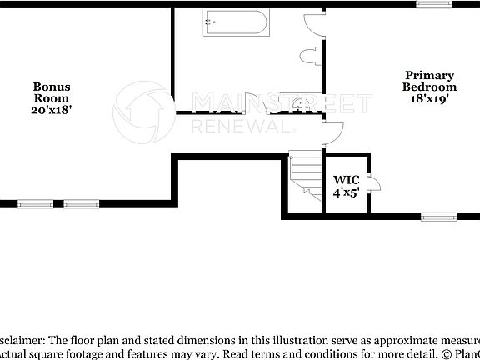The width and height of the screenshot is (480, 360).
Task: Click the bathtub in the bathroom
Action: tap(235, 24)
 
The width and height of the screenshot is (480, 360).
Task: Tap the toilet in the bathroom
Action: tap(309, 57)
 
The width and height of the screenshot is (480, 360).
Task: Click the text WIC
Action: tap(346, 179)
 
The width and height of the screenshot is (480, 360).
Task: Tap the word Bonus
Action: tap(52, 87)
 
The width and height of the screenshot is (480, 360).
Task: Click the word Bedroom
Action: tap(429, 87)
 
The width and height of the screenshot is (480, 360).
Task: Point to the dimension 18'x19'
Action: tap(429, 98)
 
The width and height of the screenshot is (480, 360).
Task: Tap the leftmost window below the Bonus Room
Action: tap(34, 202)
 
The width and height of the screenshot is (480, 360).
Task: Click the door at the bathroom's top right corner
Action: tap(313, 22)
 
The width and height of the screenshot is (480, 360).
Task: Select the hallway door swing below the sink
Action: tap(331, 132)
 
